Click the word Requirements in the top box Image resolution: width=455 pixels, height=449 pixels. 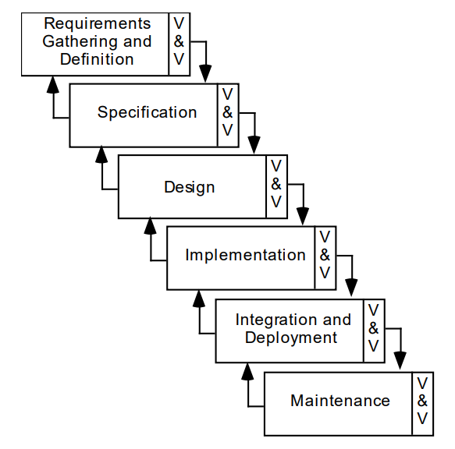[x=97, y=24]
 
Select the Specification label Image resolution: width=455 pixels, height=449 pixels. [x=147, y=113]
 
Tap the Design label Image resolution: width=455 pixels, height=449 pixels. [x=189, y=188]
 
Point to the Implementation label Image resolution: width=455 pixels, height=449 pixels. [x=245, y=256]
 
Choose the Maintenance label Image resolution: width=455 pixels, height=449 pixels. [x=339, y=401]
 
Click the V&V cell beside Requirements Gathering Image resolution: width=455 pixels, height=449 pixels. [x=179, y=42]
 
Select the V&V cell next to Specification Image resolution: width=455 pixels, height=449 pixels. [x=228, y=113]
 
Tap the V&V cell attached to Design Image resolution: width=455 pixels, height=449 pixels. [x=276, y=185]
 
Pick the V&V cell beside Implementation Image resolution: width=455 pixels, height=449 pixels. [x=325, y=256]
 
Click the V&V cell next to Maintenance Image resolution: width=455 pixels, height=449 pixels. [x=422, y=401]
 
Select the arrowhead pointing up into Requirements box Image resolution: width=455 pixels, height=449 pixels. [x=53, y=83]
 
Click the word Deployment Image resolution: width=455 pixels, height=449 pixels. [x=291, y=338]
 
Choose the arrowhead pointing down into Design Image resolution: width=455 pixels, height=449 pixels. [x=254, y=146]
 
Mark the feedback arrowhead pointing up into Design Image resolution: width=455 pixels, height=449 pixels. [x=101, y=154]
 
